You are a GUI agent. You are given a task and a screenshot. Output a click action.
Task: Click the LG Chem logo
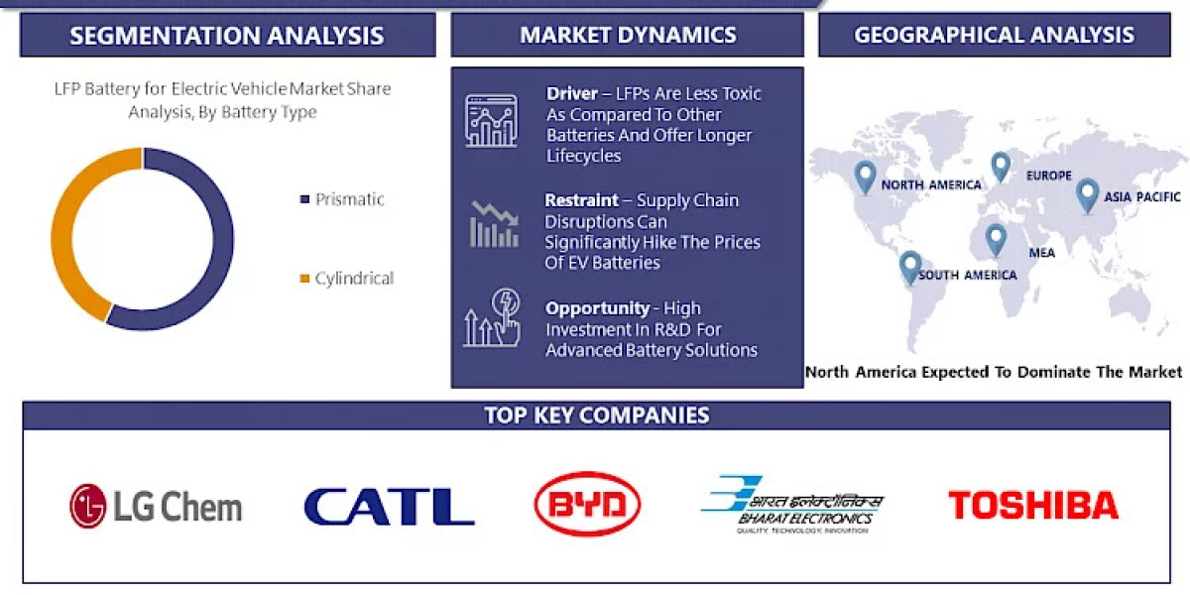pos(156,506)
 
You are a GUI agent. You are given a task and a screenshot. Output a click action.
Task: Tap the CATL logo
pos(389,506)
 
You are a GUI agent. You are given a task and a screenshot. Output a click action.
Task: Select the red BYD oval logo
pos(587,505)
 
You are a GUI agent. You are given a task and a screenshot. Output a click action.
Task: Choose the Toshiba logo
pos(1033,506)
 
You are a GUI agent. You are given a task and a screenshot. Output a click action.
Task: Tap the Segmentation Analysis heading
pos(227,37)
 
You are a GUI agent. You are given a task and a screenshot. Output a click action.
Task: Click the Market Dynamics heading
pos(628,36)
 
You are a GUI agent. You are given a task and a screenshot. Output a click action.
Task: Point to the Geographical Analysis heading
pos(994,36)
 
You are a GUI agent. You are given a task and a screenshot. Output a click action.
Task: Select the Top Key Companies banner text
pos(597,415)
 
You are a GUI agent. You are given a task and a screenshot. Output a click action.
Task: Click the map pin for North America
pos(866,177)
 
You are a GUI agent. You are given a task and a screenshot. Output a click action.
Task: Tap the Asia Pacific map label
pos(1143,197)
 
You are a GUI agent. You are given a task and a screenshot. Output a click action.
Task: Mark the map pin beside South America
pos(909,267)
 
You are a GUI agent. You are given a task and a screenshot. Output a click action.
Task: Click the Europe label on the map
pos(1048,176)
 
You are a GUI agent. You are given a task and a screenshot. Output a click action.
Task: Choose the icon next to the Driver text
pos(491,121)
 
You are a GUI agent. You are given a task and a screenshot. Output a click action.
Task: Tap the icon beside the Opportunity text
pos(492,318)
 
